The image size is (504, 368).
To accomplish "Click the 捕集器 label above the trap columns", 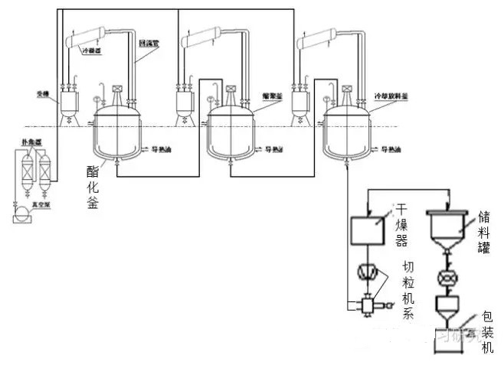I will [x=31, y=141].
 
